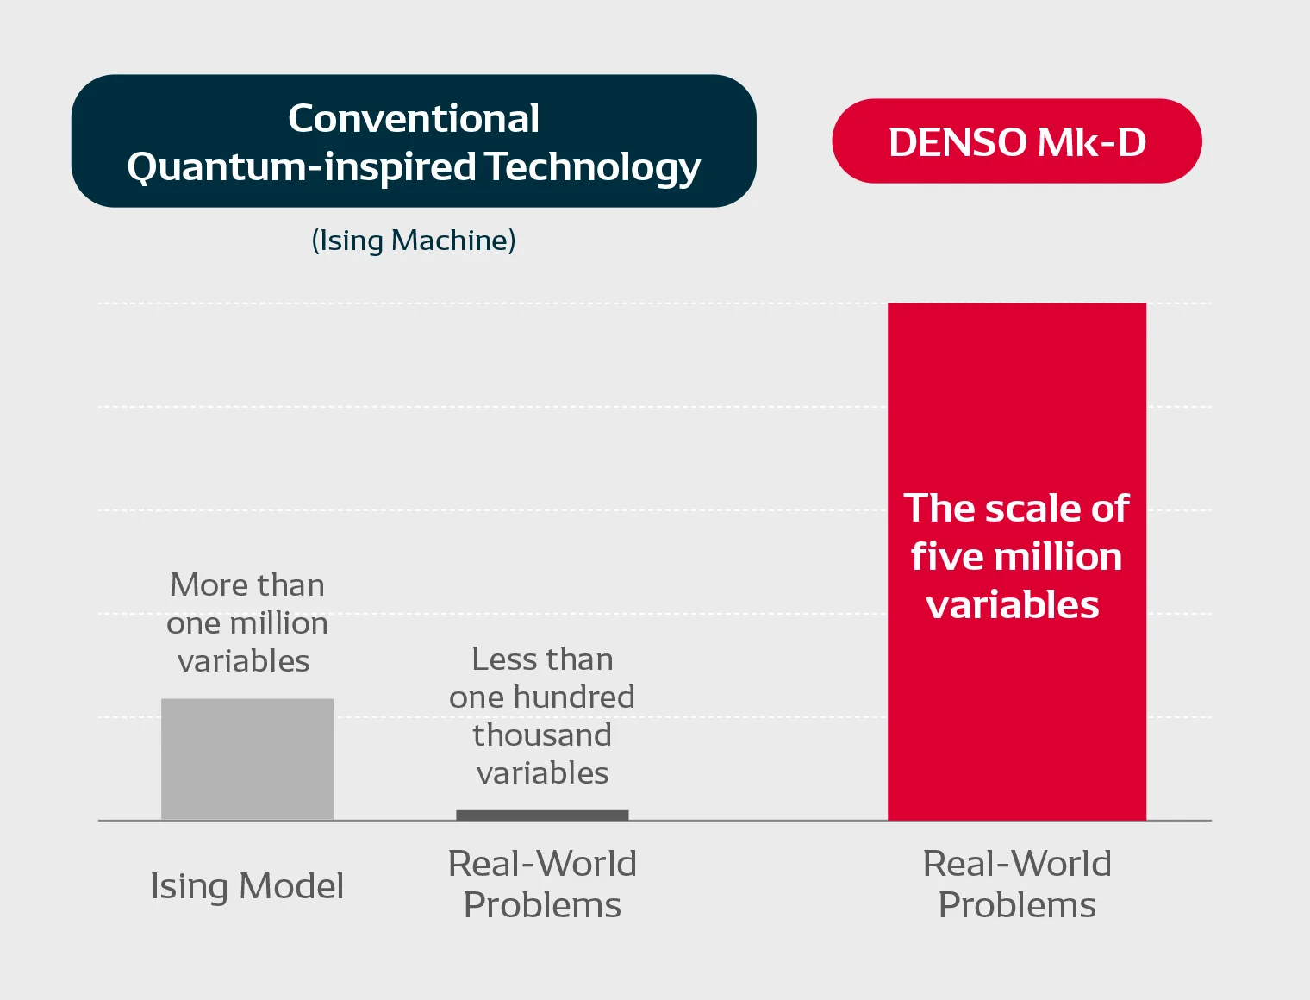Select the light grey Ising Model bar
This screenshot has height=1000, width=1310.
[247, 759]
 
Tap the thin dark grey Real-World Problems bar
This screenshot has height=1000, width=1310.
[542, 815]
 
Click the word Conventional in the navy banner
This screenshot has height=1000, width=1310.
[414, 118]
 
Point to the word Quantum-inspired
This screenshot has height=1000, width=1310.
[302, 167]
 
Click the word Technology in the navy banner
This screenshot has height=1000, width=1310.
[594, 167]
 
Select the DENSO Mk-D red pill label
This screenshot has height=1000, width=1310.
[1016, 141]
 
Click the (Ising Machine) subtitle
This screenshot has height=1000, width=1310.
[414, 241]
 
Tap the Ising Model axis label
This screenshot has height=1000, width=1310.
[247, 886]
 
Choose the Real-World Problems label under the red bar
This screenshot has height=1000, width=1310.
[1017, 884]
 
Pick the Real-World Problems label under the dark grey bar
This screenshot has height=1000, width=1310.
[542, 884]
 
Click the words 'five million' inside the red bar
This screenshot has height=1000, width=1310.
[1016, 556]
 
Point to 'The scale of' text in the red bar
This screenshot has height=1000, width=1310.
[1016, 508]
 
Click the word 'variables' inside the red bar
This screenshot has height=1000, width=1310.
[1013, 605]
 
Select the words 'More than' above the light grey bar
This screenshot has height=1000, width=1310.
[247, 584]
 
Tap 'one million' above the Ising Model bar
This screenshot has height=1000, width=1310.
[247, 623]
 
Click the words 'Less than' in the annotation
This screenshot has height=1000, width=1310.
[542, 659]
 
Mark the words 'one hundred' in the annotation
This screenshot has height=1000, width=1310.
[542, 697]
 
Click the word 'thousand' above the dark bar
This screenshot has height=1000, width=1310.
[542, 735]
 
